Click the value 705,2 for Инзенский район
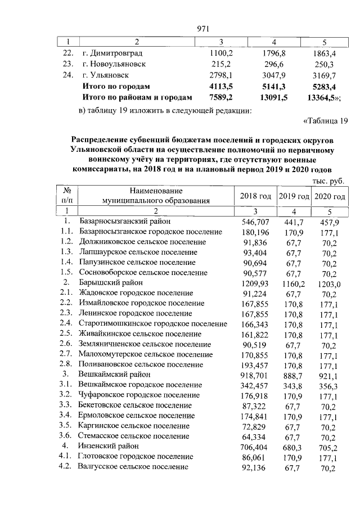tap(329, 446)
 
